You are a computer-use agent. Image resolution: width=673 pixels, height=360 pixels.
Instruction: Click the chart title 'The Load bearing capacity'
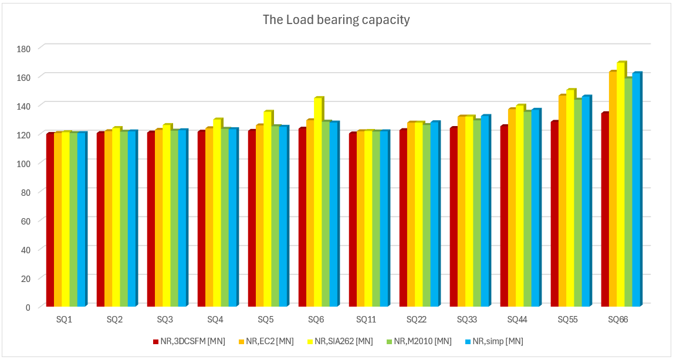pyautogui.click(x=336, y=20)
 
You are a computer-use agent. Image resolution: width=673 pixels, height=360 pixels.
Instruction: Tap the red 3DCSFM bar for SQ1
pyautogui.click(x=50, y=220)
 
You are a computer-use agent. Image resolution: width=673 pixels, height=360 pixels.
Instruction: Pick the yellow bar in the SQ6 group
pyautogui.click(x=317, y=202)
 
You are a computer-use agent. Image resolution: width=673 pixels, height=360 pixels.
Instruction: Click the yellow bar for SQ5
pyautogui.click(x=267, y=209)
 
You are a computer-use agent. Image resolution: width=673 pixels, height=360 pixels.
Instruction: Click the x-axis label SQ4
pyautogui.click(x=215, y=320)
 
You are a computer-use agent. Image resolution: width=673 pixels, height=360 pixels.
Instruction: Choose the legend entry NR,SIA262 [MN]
pyautogui.click(x=343, y=341)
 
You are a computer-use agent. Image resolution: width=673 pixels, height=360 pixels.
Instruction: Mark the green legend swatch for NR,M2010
pyautogui.click(x=389, y=341)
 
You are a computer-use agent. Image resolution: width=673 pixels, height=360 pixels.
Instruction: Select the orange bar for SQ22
pyautogui.click(x=411, y=215)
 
